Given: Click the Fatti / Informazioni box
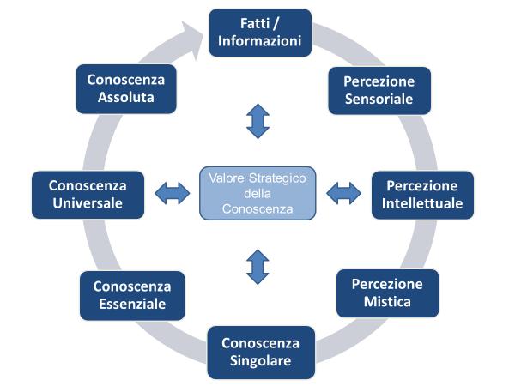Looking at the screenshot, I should [x=259, y=30].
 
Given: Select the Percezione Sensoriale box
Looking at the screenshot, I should [x=379, y=90].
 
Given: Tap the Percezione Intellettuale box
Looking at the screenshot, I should [x=422, y=195].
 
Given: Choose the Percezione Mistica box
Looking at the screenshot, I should [x=387, y=293].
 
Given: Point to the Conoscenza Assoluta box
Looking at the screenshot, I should [x=125, y=88].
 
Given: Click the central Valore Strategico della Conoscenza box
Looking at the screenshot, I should [x=257, y=193].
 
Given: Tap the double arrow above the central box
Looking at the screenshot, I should [x=257, y=121].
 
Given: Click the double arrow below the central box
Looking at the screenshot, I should [x=257, y=266].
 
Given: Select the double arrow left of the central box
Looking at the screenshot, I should [x=173, y=194].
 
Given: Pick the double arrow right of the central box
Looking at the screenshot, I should [x=343, y=194].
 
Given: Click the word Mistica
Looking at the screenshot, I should [x=387, y=302].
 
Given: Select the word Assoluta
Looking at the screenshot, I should [x=125, y=98].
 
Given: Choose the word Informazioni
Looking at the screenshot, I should [x=259, y=40].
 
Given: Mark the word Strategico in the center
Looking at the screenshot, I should [x=279, y=178].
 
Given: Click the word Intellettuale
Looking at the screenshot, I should [x=422, y=204].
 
